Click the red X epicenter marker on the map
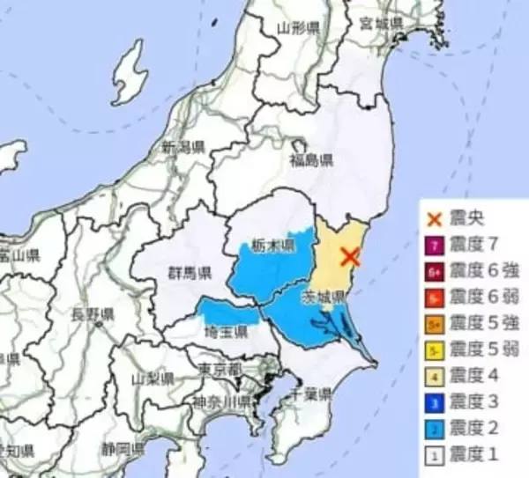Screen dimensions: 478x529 350,257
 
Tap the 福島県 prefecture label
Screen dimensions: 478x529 312,160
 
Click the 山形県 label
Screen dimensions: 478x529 294,28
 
